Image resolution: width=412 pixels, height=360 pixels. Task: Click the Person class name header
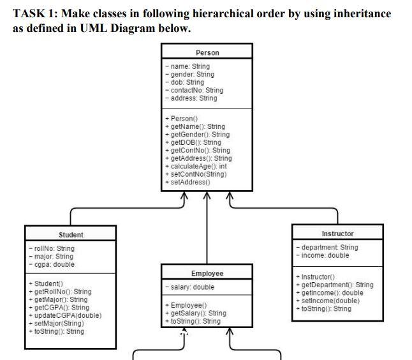(x=207, y=52)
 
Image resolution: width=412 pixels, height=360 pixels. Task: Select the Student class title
(x=71, y=235)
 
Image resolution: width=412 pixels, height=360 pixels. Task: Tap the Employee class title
(x=207, y=273)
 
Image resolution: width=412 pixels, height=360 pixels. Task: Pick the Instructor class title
(x=337, y=234)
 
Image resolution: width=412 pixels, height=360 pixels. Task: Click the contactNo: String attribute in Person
(x=194, y=90)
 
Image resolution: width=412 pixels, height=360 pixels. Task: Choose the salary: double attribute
(x=191, y=287)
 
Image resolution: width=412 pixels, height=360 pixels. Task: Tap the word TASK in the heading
(x=29, y=13)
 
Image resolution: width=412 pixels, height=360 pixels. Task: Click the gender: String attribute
(x=189, y=74)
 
